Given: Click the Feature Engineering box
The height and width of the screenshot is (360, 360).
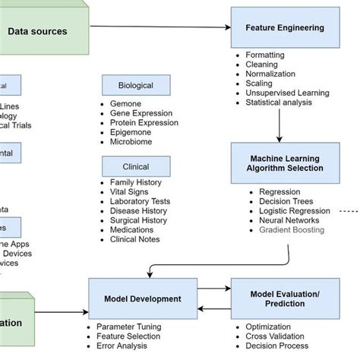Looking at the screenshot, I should (x=285, y=28).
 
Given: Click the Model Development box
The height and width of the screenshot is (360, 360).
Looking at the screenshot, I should (x=143, y=298).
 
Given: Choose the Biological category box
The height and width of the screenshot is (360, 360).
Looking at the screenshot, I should (x=136, y=86).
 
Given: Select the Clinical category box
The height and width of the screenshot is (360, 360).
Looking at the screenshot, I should (x=136, y=166).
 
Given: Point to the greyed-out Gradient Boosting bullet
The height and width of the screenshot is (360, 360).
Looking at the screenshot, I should (x=292, y=229).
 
